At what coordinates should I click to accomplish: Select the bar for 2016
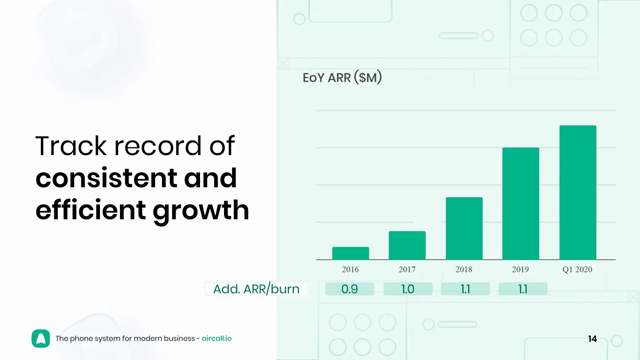point(350,253)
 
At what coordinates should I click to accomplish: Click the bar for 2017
point(407,245)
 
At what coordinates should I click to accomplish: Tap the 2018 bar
point(464,228)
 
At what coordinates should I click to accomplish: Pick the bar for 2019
point(520,204)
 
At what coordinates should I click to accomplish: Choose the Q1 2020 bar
point(578,192)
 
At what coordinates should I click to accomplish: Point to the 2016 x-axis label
point(350,269)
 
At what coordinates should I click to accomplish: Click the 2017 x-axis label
point(407,269)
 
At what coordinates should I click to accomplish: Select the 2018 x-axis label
point(464,269)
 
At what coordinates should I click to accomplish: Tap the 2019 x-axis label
point(520,269)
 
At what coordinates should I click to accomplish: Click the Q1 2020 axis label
point(577,269)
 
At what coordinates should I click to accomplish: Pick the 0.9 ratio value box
point(349,289)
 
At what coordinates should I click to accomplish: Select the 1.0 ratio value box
point(408,289)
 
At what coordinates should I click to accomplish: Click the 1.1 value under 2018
point(465,289)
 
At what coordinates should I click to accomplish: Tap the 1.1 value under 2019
point(523,289)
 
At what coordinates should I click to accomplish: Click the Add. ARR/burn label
point(256,289)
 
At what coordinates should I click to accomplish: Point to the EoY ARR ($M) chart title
point(342,77)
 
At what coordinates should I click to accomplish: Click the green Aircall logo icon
point(40,339)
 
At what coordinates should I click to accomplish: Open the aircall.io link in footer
point(216,339)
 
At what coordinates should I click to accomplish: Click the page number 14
point(592,339)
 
